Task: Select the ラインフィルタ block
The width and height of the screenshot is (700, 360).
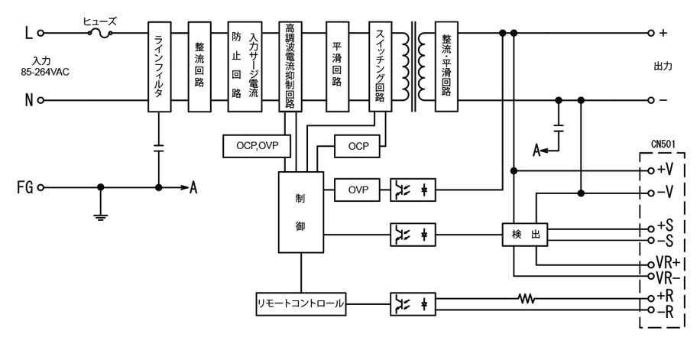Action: click(x=159, y=66)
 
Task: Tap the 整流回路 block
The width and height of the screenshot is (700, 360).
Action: click(x=199, y=66)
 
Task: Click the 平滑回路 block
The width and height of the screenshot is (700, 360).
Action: click(x=337, y=66)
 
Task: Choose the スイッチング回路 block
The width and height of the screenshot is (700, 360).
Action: click(x=381, y=66)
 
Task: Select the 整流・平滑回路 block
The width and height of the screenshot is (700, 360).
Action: click(x=446, y=66)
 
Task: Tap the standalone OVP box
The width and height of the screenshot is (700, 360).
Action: click(x=358, y=189)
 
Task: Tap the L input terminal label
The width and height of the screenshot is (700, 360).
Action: click(x=28, y=33)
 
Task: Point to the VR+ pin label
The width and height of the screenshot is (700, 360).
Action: click(x=669, y=262)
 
